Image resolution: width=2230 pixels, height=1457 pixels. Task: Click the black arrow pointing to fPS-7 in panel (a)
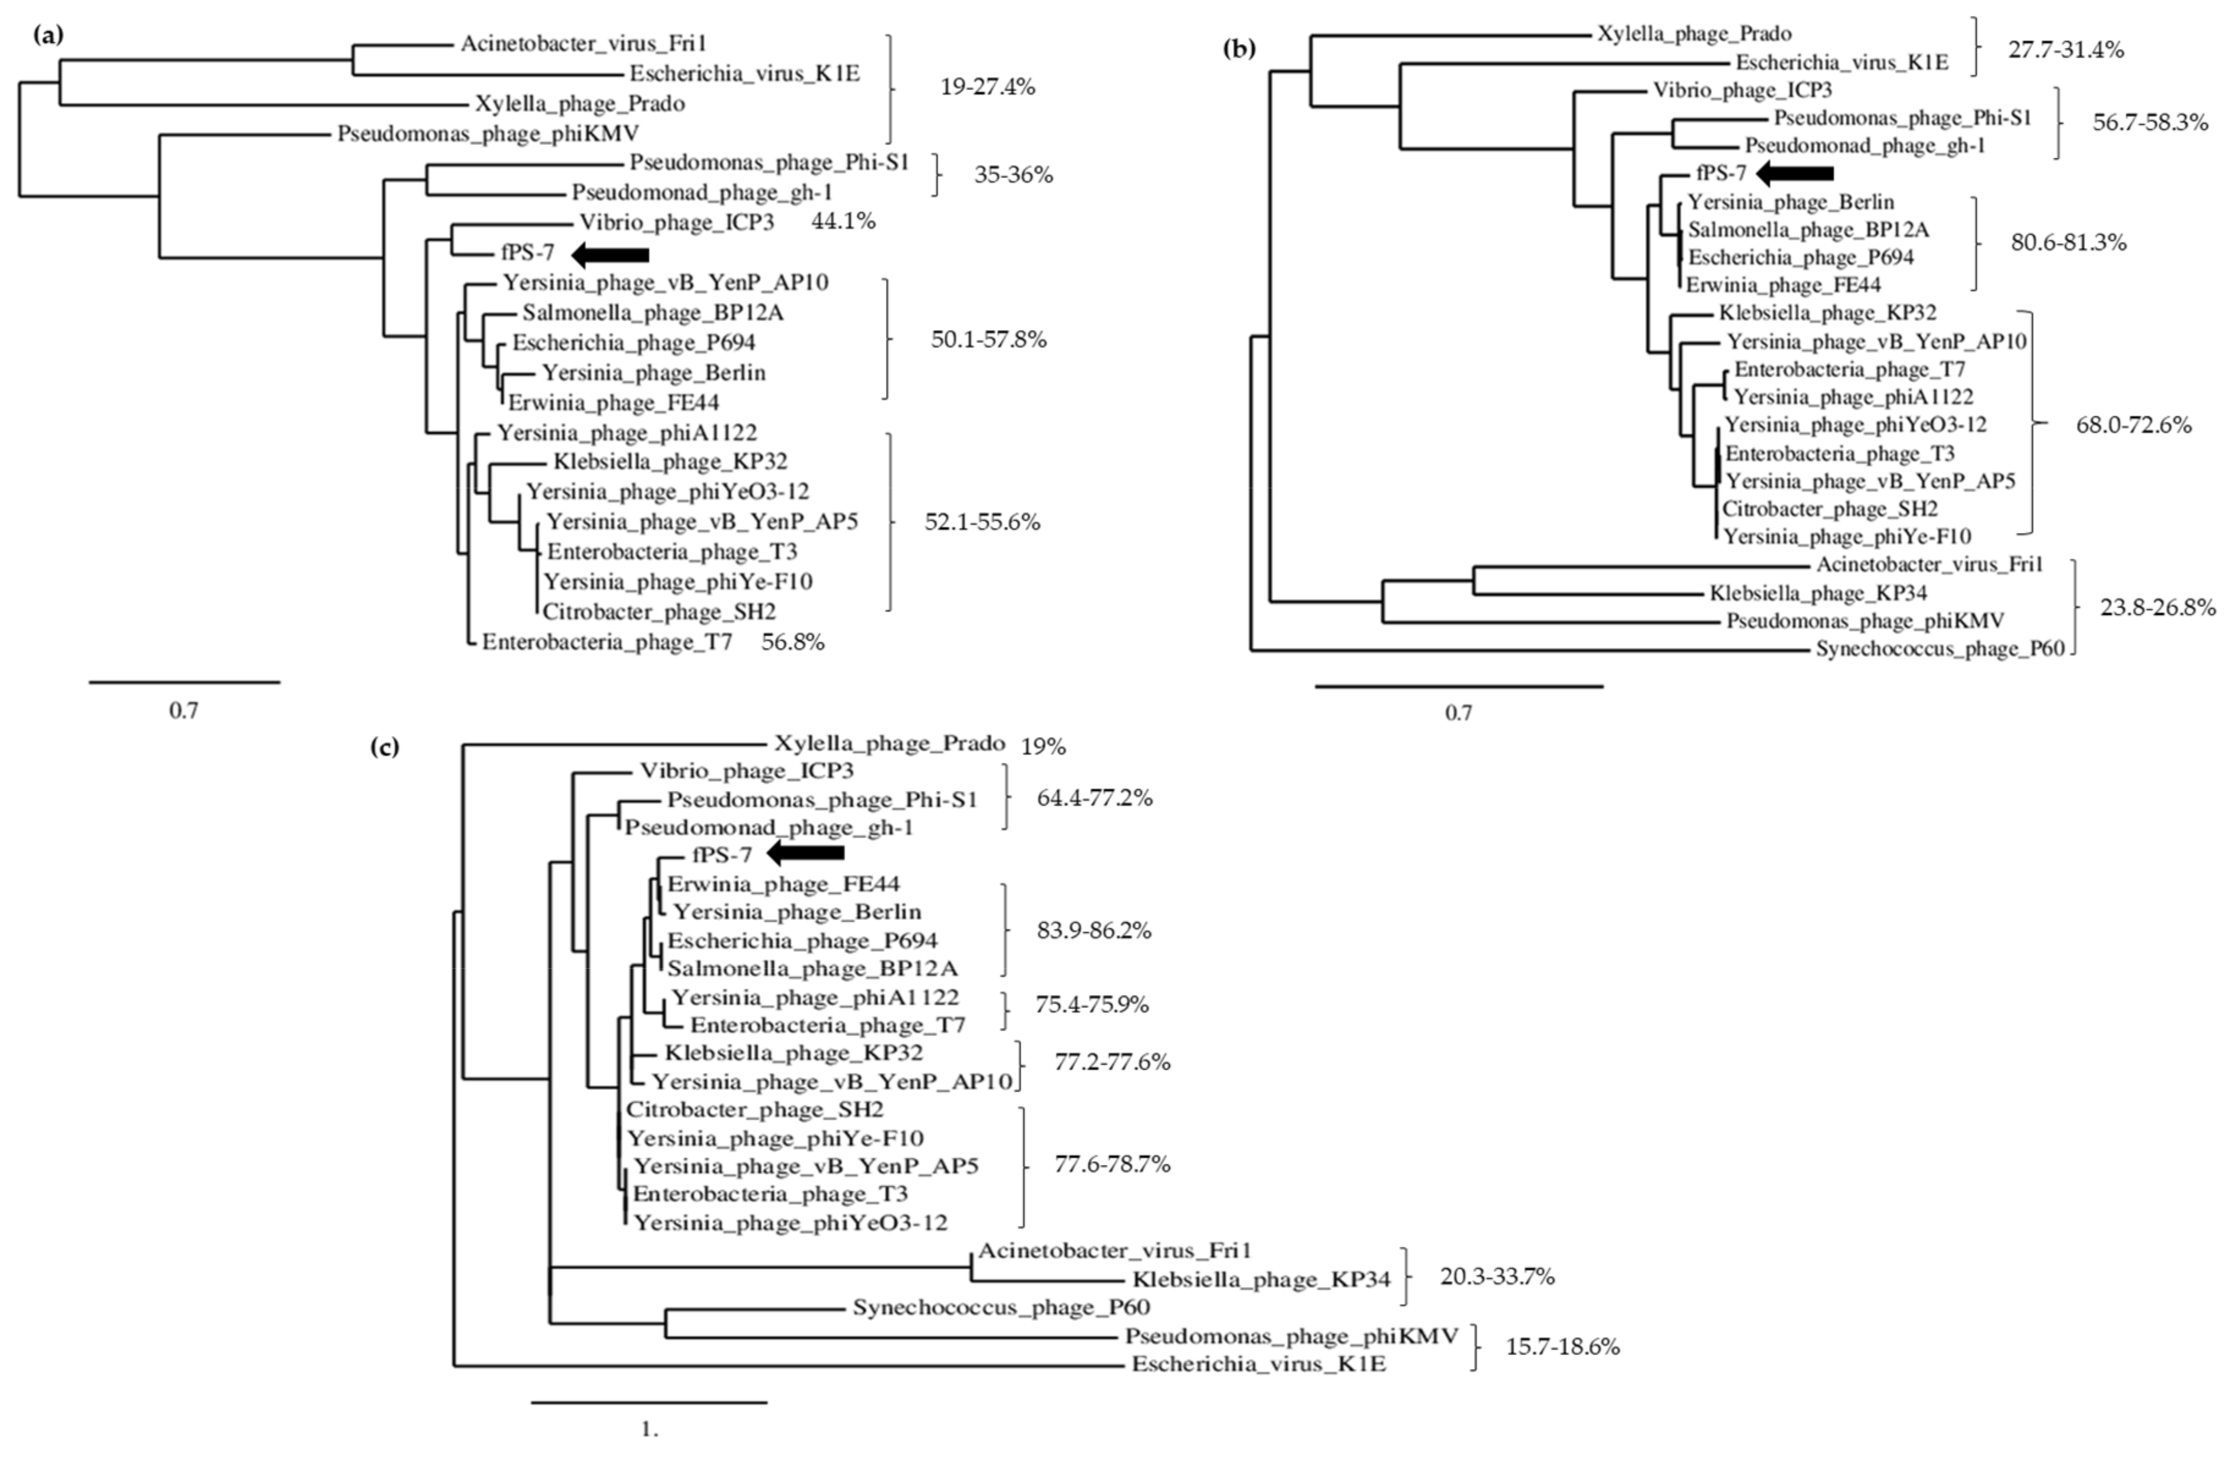point(610,254)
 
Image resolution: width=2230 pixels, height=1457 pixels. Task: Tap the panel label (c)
point(385,747)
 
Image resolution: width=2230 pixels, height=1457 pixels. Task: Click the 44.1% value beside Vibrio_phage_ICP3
point(842,222)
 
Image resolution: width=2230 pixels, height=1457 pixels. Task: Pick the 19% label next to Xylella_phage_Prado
point(1043,747)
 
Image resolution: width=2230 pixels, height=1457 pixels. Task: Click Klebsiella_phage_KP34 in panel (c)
point(1261,1280)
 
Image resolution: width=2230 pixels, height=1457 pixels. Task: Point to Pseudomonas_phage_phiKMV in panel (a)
point(488,134)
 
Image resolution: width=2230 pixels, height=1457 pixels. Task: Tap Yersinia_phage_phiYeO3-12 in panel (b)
point(1855,425)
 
